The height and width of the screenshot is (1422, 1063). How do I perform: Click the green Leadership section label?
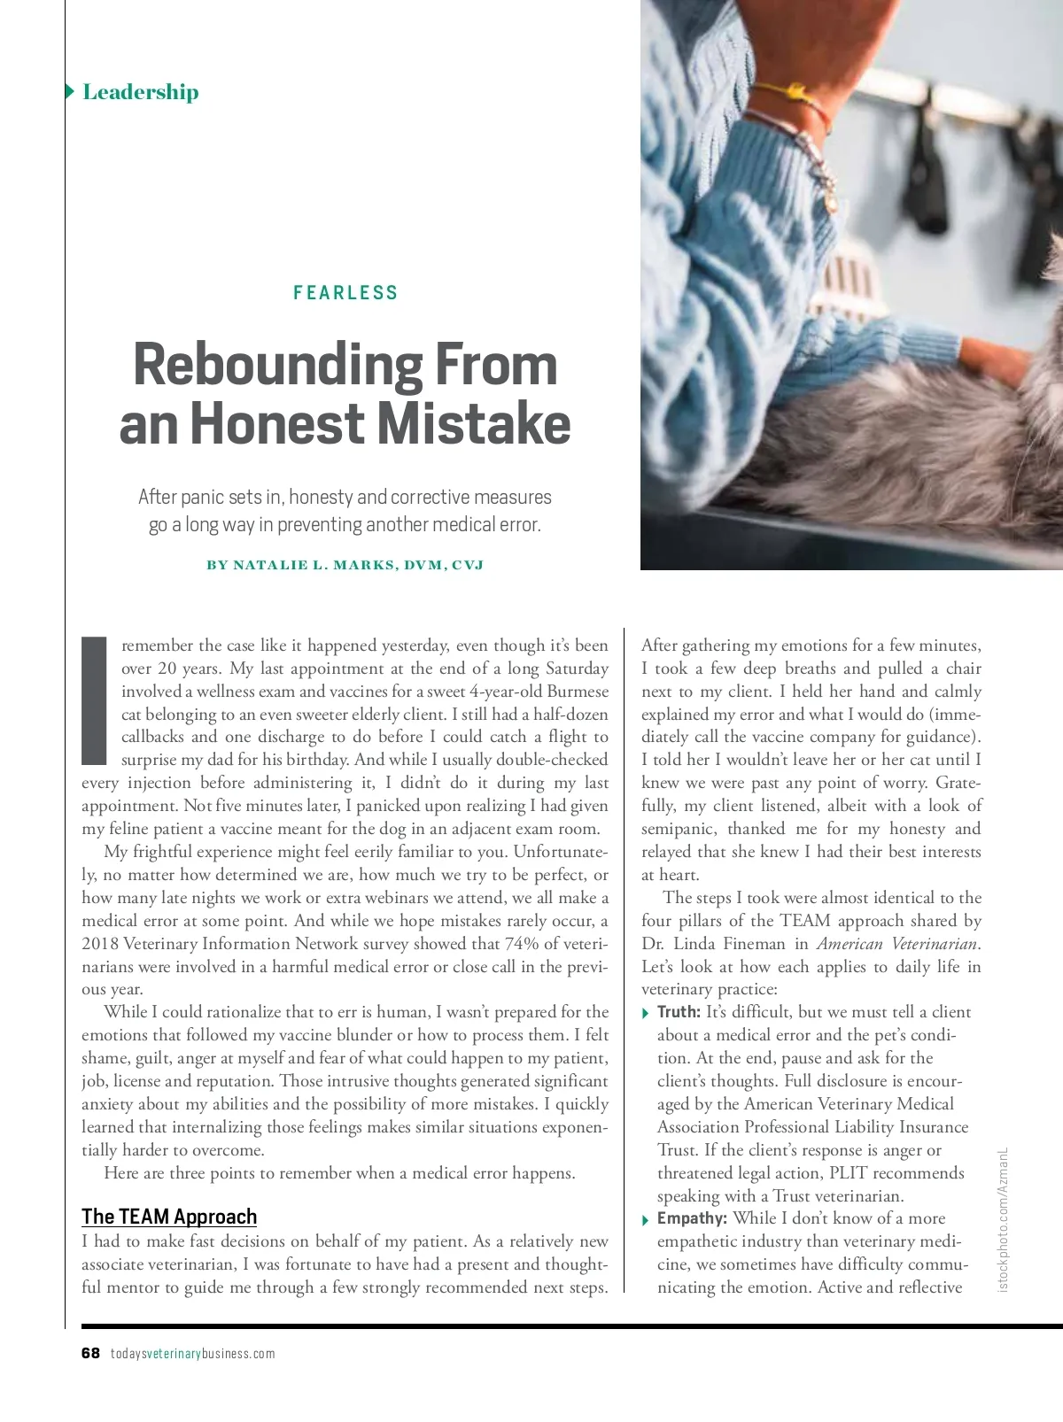140,92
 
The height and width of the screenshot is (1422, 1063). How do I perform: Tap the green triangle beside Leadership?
69,91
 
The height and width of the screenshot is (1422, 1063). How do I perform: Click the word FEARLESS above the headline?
345,293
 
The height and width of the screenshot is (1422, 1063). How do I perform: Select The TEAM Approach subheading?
169,1217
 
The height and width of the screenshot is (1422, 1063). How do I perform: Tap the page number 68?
90,1353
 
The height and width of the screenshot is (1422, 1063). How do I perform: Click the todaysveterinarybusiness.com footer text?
192,1354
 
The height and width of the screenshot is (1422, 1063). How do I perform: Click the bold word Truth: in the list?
679,1012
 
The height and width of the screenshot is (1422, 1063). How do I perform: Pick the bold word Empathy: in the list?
692,1218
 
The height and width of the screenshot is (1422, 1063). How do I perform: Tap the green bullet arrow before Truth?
646,1013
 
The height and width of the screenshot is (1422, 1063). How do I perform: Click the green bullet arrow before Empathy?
646,1220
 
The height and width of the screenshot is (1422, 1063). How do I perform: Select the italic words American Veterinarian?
897,943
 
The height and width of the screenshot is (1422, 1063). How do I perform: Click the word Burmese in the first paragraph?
577,692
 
